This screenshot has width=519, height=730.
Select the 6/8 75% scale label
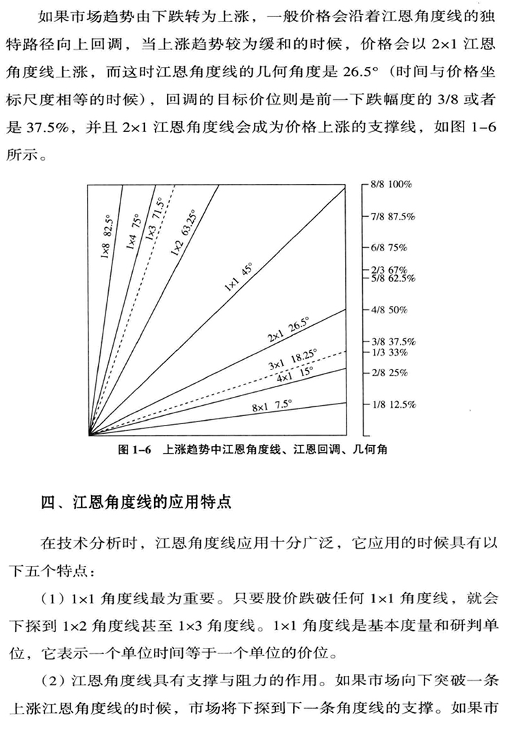[x=389, y=248]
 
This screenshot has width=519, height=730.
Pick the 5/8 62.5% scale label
[x=393, y=278]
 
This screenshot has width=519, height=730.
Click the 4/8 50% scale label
[x=389, y=310]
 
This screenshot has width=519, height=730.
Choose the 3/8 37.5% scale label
[x=393, y=341]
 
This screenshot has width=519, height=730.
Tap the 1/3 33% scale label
[x=389, y=352]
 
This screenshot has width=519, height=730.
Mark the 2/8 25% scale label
[x=389, y=373]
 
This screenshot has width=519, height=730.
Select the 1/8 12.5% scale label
[x=393, y=404]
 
